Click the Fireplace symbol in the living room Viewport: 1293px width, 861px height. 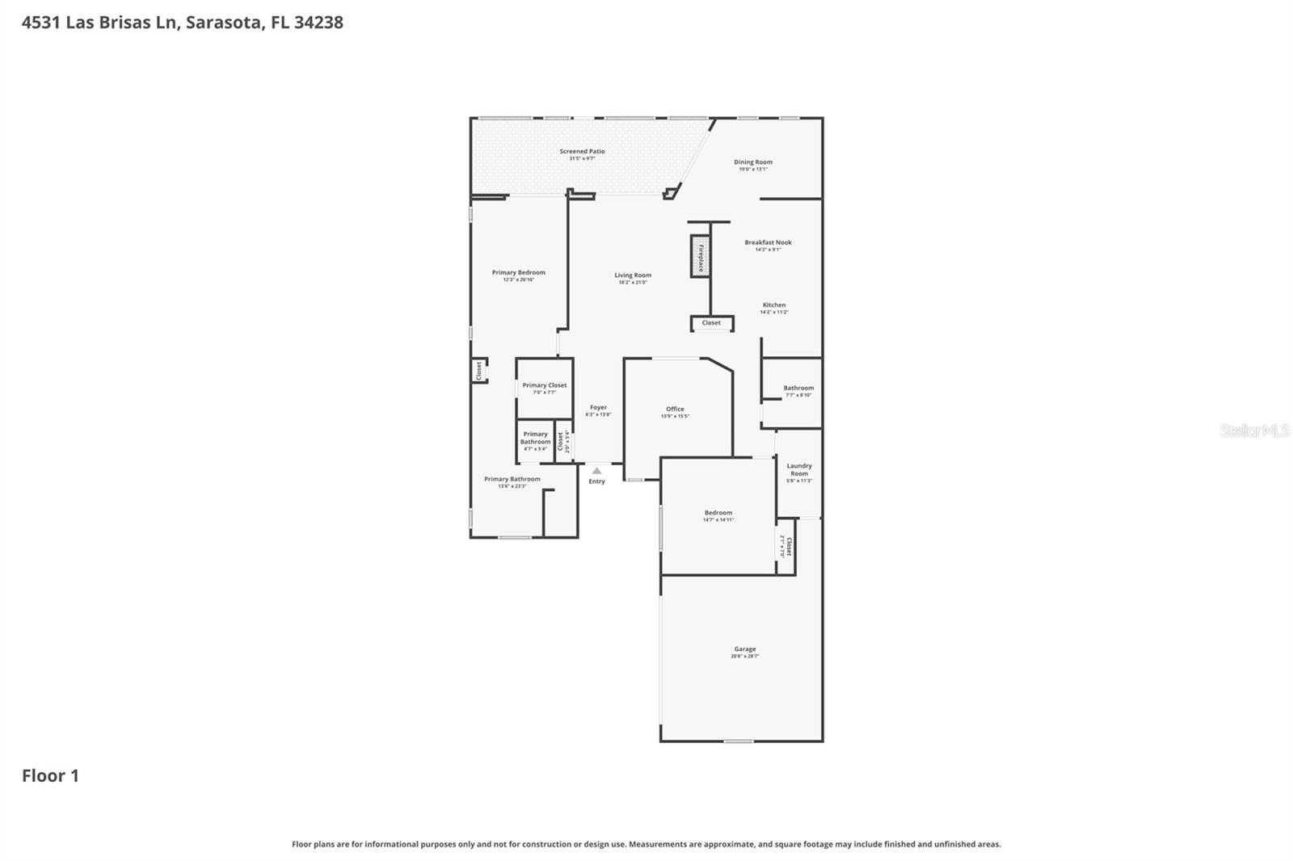pyautogui.click(x=700, y=257)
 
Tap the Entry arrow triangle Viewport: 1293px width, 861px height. pyautogui.click(x=596, y=470)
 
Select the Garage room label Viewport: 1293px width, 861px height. pyautogui.click(x=744, y=649)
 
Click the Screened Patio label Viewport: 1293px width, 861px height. pyautogui.click(x=582, y=151)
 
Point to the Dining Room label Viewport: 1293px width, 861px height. pyautogui.click(x=752, y=162)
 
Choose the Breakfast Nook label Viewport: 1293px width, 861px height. pyautogui.click(x=768, y=242)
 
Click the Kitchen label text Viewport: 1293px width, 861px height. pyautogui.click(x=773, y=304)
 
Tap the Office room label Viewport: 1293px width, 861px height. pyautogui.click(x=675, y=409)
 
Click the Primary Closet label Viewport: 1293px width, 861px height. pyautogui.click(x=544, y=385)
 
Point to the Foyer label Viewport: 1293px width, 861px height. pyautogui.click(x=598, y=407)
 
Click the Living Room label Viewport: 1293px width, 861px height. pyautogui.click(x=632, y=275)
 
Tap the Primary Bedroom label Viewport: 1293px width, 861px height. pyautogui.click(x=518, y=272)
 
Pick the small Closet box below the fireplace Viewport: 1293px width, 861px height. pyautogui.click(x=711, y=323)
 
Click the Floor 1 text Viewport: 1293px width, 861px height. pyautogui.click(x=50, y=775)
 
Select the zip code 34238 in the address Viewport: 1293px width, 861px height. pyautogui.click(x=318, y=23)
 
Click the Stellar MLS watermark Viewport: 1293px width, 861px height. pyautogui.click(x=1254, y=430)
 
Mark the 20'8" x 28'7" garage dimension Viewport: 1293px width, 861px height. pyautogui.click(x=744, y=656)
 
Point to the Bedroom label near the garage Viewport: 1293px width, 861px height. pyautogui.click(x=718, y=512)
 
